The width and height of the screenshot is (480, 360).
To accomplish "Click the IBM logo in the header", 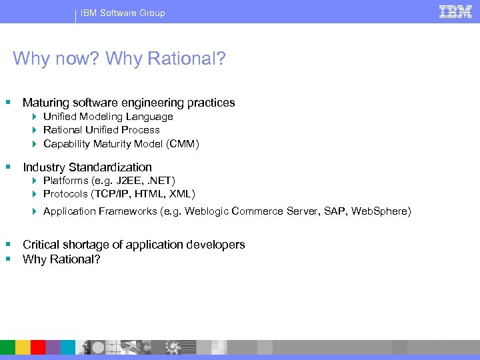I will pos(456,12).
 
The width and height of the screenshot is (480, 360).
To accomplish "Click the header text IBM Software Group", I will pos(123,13).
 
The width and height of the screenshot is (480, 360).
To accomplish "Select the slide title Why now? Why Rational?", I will pos(119,59).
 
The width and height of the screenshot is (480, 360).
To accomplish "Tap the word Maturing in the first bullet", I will pos(44,103).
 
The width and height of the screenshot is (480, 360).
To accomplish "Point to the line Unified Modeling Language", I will pos(108,117).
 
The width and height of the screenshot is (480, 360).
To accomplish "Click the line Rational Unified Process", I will pos(101,130).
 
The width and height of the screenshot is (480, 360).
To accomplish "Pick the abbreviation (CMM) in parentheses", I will pos(183,143).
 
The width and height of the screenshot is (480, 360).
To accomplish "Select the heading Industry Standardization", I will pos(87,167).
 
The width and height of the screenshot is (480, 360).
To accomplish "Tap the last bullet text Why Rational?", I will pos(61,259).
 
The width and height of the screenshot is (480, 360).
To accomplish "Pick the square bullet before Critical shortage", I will pos(8,245).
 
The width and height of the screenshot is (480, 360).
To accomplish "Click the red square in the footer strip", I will pos(38,347).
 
